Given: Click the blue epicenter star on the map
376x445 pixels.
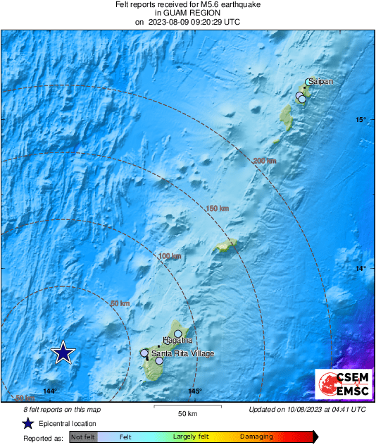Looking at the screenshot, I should pyautogui.click(x=63, y=353).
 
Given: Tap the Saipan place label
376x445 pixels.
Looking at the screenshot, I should pyautogui.click(x=320, y=81).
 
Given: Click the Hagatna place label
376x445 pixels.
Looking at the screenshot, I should pyautogui.click(x=177, y=341).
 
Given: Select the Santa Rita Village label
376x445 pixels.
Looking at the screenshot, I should pyautogui.click(x=183, y=353).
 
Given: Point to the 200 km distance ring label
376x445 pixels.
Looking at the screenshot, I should pyautogui.click(x=265, y=161).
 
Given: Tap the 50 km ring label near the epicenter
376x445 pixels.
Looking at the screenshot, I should pyautogui.click(x=120, y=303).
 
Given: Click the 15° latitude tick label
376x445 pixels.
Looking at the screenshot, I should pyautogui.click(x=361, y=119).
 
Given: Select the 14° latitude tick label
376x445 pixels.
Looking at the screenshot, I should pyautogui.click(x=361, y=268).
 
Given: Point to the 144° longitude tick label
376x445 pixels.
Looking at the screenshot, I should pyautogui.click(x=49, y=391).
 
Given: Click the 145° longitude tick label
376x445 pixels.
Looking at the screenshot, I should pyautogui.click(x=195, y=391).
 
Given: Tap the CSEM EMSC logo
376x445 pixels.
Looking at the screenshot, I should pyautogui.click(x=339, y=385).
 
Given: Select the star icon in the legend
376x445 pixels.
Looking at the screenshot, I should pyautogui.click(x=27, y=423).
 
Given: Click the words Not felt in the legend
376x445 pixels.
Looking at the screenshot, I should pyautogui.click(x=83, y=437).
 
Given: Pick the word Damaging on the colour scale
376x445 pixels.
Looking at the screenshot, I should pyautogui.click(x=256, y=437).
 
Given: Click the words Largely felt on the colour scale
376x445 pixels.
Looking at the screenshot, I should pyautogui.click(x=189, y=437).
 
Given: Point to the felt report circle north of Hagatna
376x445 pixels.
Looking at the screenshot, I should pyautogui.click(x=178, y=334).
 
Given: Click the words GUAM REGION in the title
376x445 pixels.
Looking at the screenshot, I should pyautogui.click(x=187, y=13).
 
